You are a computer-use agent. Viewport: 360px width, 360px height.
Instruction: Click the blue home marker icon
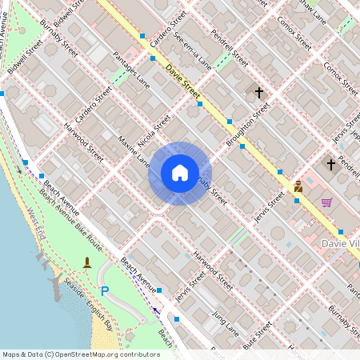(x=180, y=173)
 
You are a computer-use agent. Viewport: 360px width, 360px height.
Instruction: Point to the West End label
(x=34, y=225)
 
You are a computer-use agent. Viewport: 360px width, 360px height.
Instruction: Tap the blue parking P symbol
(x=103, y=291)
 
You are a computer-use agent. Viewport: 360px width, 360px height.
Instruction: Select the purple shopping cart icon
(x=326, y=202)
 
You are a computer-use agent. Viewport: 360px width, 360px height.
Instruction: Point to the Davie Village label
(x=340, y=242)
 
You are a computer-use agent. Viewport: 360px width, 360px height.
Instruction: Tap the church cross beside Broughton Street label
(x=258, y=93)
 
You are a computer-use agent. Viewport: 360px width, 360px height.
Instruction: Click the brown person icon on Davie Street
(x=298, y=186)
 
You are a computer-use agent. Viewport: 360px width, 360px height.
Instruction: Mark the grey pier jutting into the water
(x=58, y=285)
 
